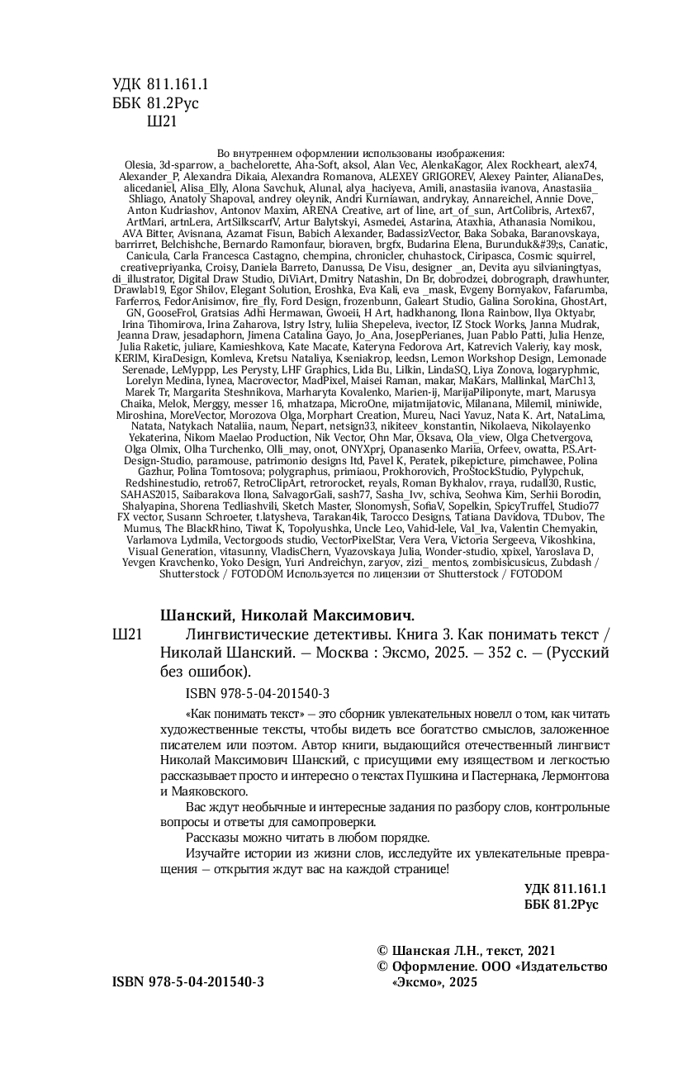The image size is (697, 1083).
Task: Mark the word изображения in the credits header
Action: (x=469, y=154)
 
